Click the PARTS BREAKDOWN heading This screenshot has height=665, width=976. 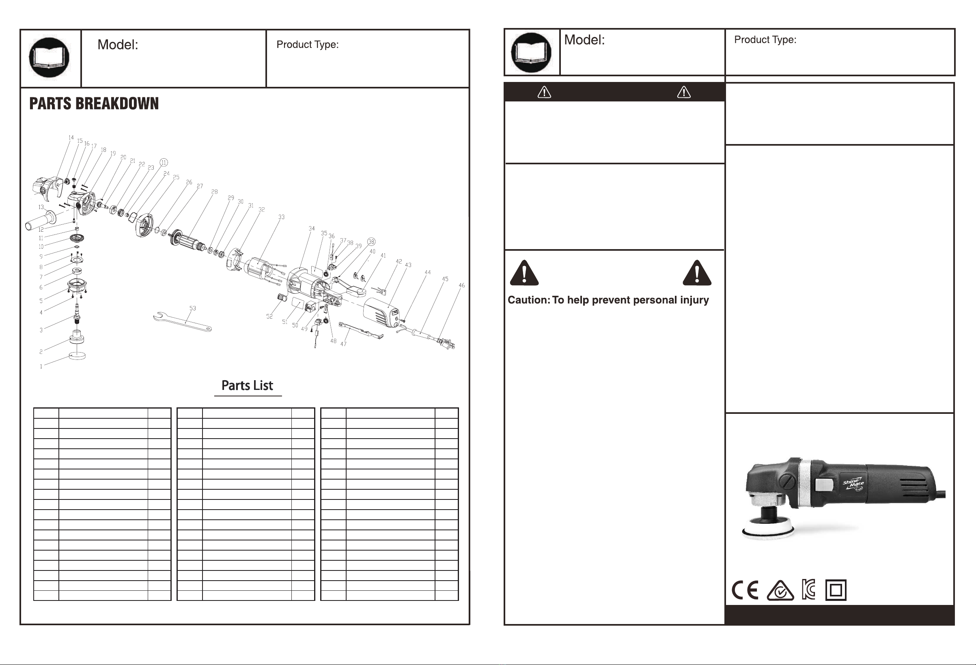point(94,104)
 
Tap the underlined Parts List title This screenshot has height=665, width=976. point(248,385)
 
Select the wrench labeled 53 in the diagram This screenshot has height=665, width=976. point(182,322)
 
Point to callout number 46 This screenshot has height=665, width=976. point(461,286)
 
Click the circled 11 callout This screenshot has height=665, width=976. point(164,162)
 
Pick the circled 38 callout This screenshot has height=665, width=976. point(371,242)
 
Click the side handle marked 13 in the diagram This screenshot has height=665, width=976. point(41,220)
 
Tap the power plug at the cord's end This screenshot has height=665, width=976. point(447,343)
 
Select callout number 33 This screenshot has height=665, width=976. point(281,217)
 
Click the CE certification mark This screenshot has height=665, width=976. point(745,590)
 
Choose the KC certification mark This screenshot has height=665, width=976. point(808,590)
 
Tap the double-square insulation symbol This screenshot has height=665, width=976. point(836,590)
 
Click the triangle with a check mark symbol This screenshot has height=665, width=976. point(780,591)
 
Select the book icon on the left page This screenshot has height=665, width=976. point(49,58)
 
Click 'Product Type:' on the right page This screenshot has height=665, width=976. point(765,39)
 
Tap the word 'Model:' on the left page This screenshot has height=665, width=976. point(118,45)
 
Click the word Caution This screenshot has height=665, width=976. point(529,300)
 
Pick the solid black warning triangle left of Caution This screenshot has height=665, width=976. point(524,273)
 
